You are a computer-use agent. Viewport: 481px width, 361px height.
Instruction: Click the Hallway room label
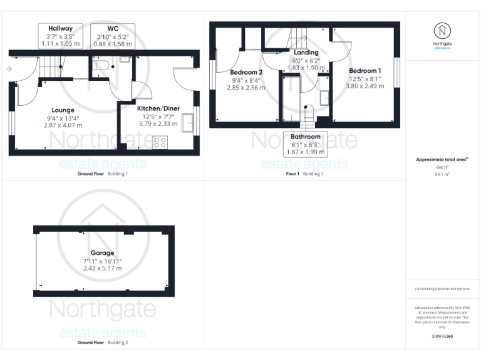click(61, 28)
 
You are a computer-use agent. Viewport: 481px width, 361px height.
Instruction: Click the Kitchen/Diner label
click(158, 108)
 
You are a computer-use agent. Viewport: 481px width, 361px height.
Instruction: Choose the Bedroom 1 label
click(365, 70)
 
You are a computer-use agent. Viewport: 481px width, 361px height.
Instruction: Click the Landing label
click(306, 53)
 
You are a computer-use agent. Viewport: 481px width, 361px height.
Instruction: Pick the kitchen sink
click(188, 122)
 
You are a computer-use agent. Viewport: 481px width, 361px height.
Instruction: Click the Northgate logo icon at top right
click(443, 31)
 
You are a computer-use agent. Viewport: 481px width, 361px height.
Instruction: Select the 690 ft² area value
click(442, 167)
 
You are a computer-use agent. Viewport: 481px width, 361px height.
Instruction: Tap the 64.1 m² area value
click(442, 174)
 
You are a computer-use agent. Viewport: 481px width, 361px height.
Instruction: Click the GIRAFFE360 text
click(442, 337)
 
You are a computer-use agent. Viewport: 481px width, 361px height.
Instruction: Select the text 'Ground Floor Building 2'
click(102, 343)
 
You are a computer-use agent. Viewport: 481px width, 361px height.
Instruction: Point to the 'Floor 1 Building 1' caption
click(304, 174)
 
